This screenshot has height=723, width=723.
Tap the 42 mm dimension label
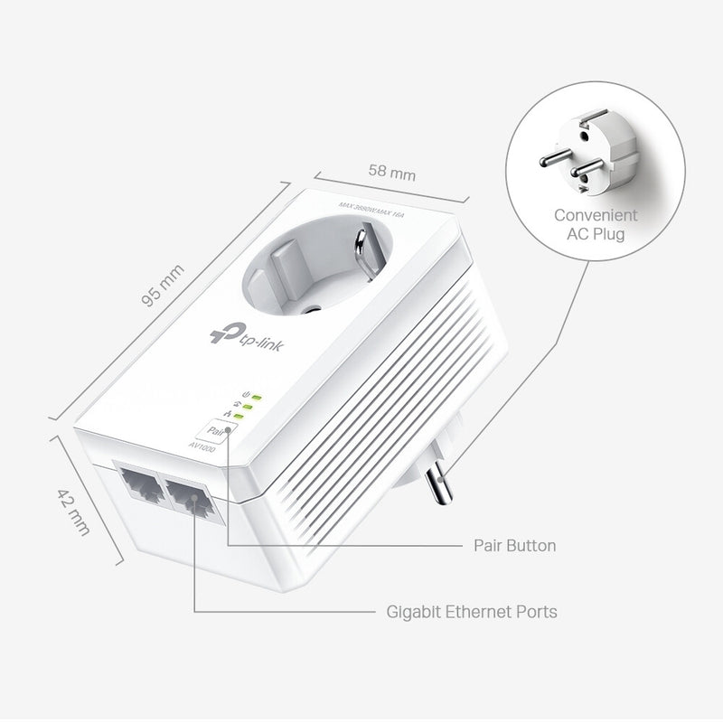point(74,512)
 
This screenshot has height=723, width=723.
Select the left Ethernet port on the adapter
point(135,485)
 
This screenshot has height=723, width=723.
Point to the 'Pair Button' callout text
point(515,546)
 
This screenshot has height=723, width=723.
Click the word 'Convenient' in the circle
point(596,216)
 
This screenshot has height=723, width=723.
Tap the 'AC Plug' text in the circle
point(596,235)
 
